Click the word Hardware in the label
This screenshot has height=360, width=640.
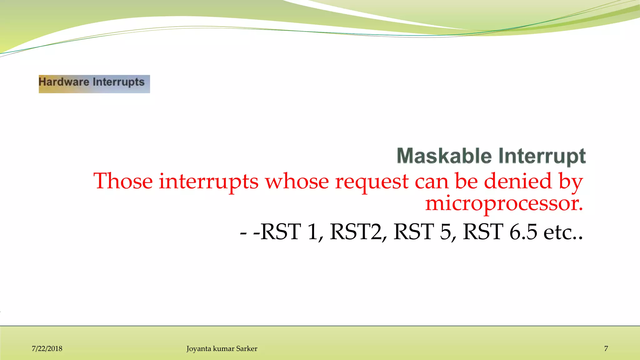point(64,82)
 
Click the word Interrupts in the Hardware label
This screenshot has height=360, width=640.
point(118,82)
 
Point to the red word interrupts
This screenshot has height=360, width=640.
point(208,181)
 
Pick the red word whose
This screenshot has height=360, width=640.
point(297,181)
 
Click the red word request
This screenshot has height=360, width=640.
point(372,182)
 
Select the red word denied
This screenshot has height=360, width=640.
point(518,181)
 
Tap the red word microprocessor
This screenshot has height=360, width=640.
point(504,203)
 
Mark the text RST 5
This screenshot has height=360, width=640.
point(422,232)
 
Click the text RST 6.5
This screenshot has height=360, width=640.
point(500,232)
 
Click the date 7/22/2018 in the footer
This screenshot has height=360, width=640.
point(47,349)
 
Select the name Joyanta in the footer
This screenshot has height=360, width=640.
point(199,349)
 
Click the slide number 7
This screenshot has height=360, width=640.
point(606,349)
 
